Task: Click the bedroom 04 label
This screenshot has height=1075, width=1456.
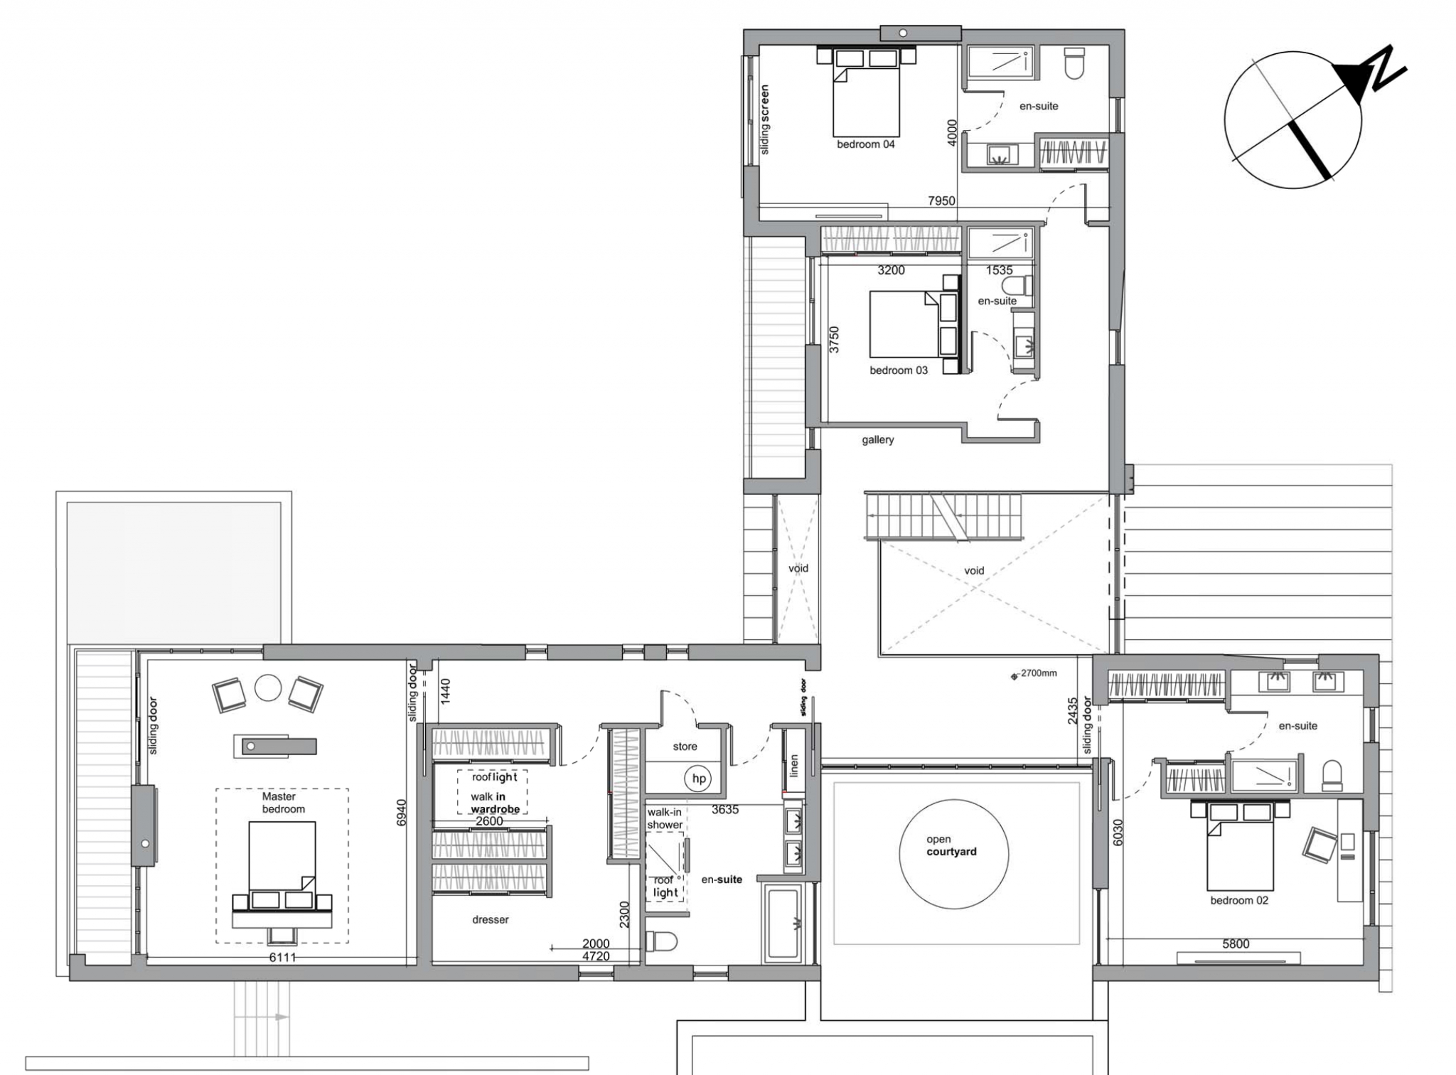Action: point(865,144)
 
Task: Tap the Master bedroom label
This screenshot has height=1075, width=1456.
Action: point(283,803)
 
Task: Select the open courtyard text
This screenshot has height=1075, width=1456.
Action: point(951,845)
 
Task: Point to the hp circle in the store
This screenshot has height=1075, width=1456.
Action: point(699,779)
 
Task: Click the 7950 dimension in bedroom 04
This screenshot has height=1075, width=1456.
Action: point(941,201)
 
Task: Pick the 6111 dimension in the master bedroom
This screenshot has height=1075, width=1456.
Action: point(282,957)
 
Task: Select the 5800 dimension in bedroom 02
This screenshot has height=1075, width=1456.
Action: point(1236,944)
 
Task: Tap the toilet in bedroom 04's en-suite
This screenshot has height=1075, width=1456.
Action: point(1073,62)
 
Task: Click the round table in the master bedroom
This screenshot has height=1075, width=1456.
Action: point(269,688)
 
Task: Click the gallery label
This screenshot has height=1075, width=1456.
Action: point(878,440)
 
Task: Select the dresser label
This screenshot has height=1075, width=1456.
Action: point(491,919)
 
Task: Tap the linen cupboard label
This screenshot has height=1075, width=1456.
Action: point(795,765)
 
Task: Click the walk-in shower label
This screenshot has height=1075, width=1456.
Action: point(665,818)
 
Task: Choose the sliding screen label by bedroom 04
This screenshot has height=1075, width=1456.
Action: point(765,119)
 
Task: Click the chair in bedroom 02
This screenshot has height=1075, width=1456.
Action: point(1319,845)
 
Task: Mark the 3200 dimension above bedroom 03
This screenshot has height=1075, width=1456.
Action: point(891,270)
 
